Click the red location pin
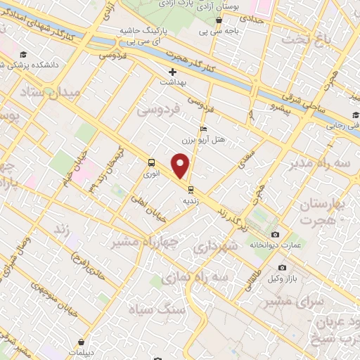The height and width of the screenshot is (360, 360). tap(181, 166)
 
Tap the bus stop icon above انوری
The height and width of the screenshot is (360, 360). tap(151, 162)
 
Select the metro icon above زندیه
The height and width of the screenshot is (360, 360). tap(190, 188)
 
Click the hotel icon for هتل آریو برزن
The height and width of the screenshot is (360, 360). tap(203, 129)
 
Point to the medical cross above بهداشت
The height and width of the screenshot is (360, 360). tap(173, 72)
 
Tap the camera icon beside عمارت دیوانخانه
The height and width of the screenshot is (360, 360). tap(274, 234)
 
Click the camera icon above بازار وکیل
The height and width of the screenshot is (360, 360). tap(282, 267)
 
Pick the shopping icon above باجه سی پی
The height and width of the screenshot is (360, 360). tap(220, 20)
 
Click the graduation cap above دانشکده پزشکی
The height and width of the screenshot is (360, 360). tap(24, 54)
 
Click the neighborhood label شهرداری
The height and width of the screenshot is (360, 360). tap(211, 249)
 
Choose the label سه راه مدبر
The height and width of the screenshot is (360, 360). tap(321, 164)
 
